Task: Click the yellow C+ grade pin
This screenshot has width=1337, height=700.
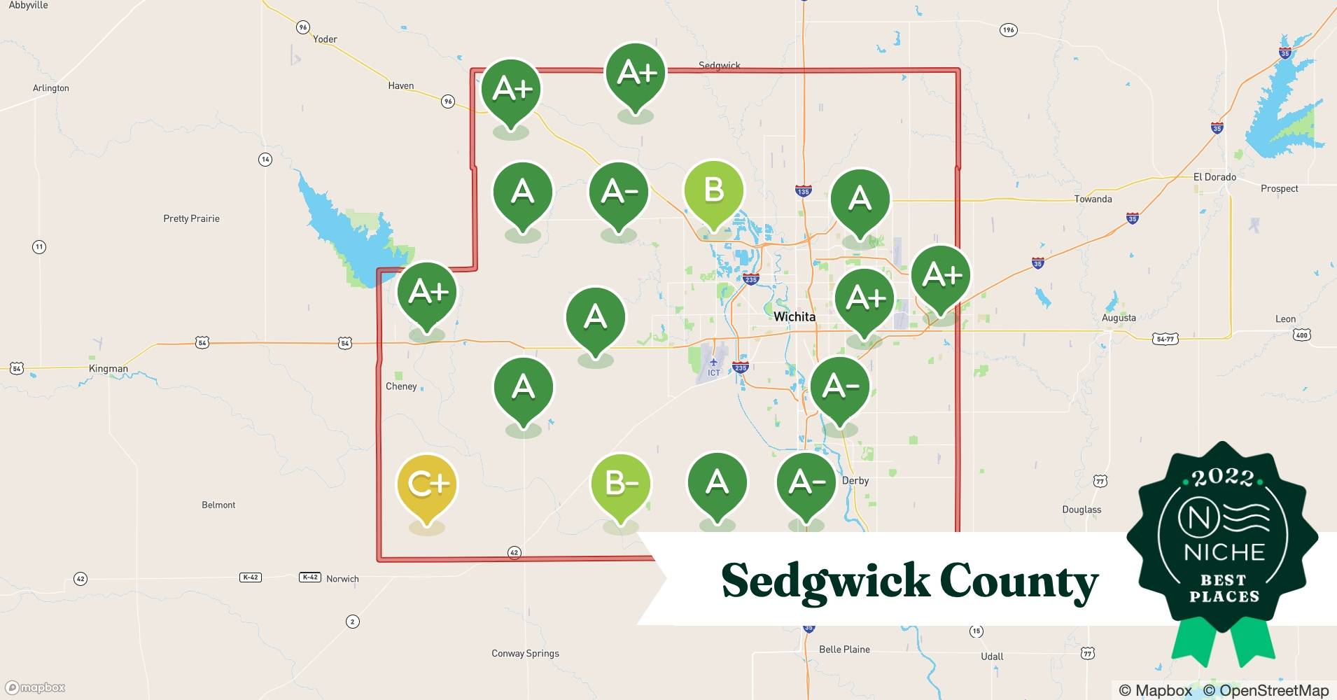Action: pyautogui.click(x=426, y=484)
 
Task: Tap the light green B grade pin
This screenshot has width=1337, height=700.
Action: pyautogui.click(x=713, y=191)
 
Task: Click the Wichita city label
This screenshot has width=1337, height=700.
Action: pyautogui.click(x=794, y=316)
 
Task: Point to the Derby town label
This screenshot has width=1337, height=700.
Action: pyautogui.click(x=855, y=480)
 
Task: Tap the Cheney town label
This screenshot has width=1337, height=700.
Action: pyautogui.click(x=401, y=386)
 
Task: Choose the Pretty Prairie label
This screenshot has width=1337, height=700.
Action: pyautogui.click(x=191, y=218)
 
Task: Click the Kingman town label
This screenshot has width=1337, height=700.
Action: pyautogui.click(x=108, y=368)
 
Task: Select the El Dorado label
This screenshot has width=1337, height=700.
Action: pyautogui.click(x=1214, y=177)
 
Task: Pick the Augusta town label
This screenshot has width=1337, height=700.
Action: pyautogui.click(x=1119, y=318)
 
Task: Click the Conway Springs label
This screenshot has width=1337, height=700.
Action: pyautogui.click(x=525, y=653)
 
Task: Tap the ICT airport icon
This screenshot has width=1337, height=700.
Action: pyautogui.click(x=713, y=363)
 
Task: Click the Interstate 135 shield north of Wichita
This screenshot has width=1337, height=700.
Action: pyautogui.click(x=803, y=191)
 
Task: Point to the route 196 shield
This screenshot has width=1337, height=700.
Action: pyautogui.click(x=1008, y=29)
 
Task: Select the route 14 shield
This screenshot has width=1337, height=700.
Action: pyautogui.click(x=265, y=160)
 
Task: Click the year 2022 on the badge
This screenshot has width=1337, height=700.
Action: pyautogui.click(x=1223, y=478)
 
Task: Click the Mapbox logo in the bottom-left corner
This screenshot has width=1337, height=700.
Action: pyautogui.click(x=35, y=687)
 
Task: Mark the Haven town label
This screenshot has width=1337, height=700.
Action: pyautogui.click(x=400, y=85)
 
